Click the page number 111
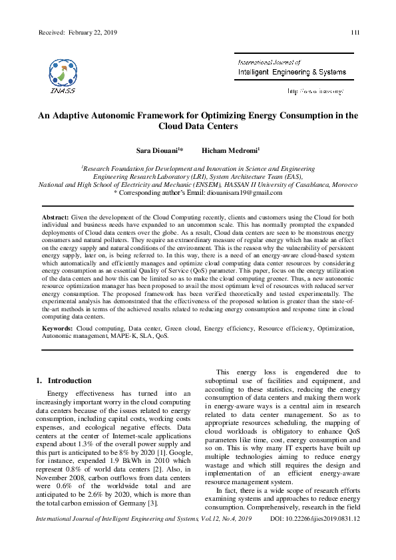[355, 33]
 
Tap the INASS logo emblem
[62, 72]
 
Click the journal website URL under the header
[315, 90]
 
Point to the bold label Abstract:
[55, 217]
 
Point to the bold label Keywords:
[58, 329]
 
